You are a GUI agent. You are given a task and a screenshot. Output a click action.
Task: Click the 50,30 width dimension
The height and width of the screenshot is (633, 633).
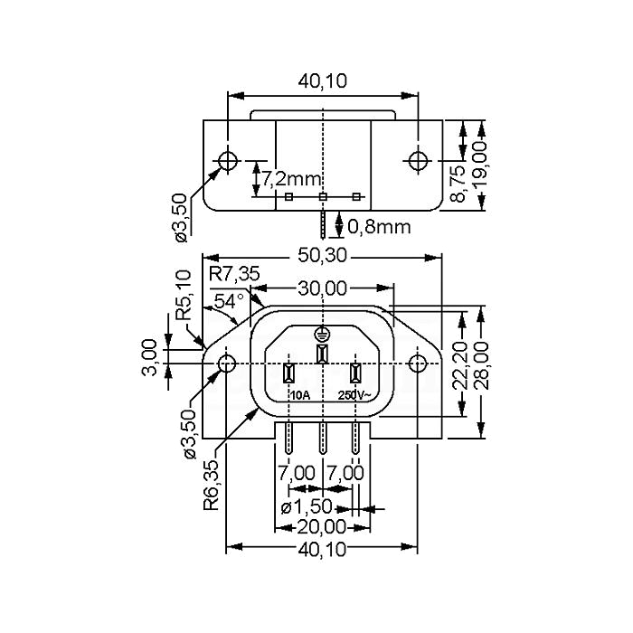click(x=322, y=255)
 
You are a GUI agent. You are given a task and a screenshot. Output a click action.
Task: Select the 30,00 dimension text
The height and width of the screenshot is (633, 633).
click(x=322, y=288)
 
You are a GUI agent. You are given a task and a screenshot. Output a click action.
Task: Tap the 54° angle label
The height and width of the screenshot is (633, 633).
click(x=229, y=301)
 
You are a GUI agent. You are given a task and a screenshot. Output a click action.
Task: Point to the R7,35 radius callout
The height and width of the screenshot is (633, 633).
click(x=234, y=275)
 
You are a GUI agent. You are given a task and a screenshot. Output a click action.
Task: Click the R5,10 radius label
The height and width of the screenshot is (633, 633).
click(x=184, y=295)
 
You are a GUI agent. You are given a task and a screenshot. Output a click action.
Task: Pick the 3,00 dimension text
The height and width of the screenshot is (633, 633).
click(x=149, y=357)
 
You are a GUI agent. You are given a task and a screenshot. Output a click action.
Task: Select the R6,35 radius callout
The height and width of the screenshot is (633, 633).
click(x=211, y=486)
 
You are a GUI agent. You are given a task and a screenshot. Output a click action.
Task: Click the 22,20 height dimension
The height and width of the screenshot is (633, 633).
click(x=460, y=365)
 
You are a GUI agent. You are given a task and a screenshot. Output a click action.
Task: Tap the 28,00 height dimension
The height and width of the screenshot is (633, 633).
click(x=481, y=365)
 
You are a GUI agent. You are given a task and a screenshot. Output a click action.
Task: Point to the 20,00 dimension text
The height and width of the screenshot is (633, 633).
click(x=322, y=527)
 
